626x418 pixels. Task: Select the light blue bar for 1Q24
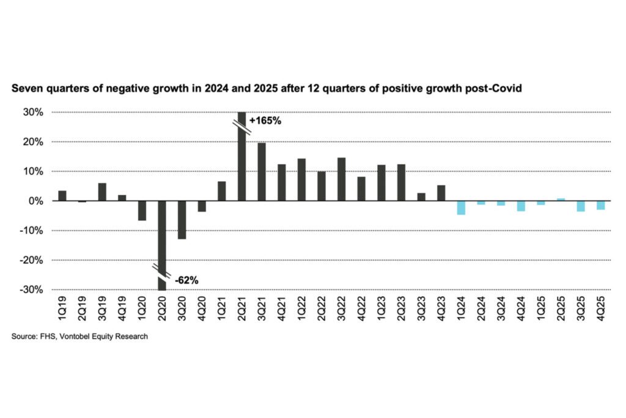[461, 207]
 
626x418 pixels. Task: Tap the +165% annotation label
[265, 121]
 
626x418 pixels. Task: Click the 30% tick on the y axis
[33, 113]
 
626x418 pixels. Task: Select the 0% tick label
[35, 201]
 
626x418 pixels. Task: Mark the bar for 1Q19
[62, 196]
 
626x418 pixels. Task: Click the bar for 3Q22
[341, 179]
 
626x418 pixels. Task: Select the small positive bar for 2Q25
[561, 200]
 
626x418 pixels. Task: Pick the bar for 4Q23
[441, 193]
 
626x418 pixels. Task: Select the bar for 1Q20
[142, 211]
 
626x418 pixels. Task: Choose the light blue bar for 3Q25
[581, 206]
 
